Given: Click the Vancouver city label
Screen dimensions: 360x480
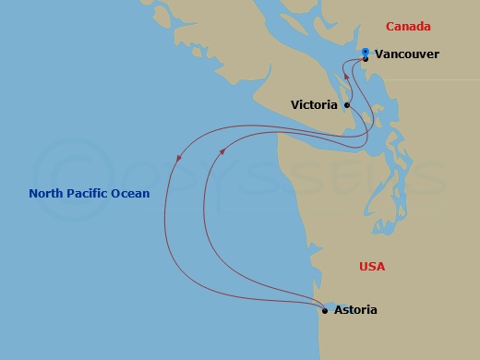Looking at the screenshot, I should (407, 54).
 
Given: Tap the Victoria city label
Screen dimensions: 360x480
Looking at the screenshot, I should (314, 105).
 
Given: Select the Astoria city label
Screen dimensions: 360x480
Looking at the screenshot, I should (356, 310).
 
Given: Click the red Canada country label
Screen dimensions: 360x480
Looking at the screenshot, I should (408, 27).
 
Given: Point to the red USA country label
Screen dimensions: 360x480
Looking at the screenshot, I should (372, 267).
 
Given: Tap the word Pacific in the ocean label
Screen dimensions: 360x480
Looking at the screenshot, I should (91, 194).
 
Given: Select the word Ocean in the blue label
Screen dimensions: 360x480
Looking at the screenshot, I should (132, 194).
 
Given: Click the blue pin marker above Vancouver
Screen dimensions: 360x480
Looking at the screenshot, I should (366, 52).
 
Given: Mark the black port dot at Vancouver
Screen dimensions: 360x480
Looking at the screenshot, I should (366, 59).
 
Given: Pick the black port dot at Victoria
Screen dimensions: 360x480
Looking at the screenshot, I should (347, 105).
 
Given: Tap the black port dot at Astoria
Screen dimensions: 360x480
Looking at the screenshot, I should (325, 310).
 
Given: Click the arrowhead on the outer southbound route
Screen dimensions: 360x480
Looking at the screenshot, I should (178, 158).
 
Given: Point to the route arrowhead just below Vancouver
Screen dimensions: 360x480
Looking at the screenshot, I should (347, 77).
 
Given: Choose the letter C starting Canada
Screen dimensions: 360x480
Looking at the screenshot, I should (390, 27).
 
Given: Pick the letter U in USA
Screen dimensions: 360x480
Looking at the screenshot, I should (363, 267).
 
